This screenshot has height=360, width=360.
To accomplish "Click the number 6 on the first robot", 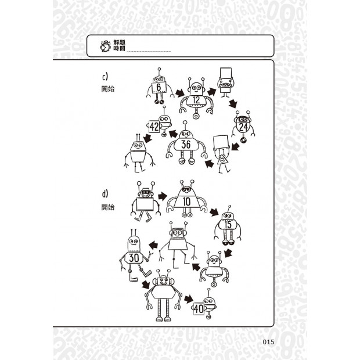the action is [x=159, y=87].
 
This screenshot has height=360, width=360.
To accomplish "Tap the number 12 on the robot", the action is [x=196, y=100].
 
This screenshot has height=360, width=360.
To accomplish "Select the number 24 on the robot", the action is [x=243, y=127].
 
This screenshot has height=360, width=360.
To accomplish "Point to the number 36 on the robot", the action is [x=186, y=145].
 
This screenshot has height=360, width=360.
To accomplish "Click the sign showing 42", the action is [x=154, y=127].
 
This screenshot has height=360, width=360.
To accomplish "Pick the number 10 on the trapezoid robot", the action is [x=186, y=202].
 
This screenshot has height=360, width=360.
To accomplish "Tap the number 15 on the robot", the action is [x=228, y=224].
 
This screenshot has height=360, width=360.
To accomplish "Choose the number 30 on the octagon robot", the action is [x=134, y=258].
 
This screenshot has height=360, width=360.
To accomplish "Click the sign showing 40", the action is [x=199, y=308].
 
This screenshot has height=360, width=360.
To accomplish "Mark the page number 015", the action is [x=268, y=342].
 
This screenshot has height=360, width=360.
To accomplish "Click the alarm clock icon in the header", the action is [x=105, y=46].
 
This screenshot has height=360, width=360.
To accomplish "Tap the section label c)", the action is [x=105, y=77].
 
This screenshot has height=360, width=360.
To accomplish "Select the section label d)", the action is [x=105, y=194].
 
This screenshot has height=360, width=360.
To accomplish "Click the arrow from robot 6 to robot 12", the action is [x=180, y=93].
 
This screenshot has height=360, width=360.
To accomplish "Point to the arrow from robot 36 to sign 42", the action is [x=174, y=134].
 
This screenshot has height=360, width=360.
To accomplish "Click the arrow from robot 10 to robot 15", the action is [x=214, y=212].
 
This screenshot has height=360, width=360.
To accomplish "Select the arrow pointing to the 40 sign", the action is [x=189, y=299].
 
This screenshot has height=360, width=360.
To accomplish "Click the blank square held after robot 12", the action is [x=226, y=74].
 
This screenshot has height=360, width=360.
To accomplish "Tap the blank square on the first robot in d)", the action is [x=145, y=204].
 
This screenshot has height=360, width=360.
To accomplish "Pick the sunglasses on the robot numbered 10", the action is [x=186, y=190].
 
